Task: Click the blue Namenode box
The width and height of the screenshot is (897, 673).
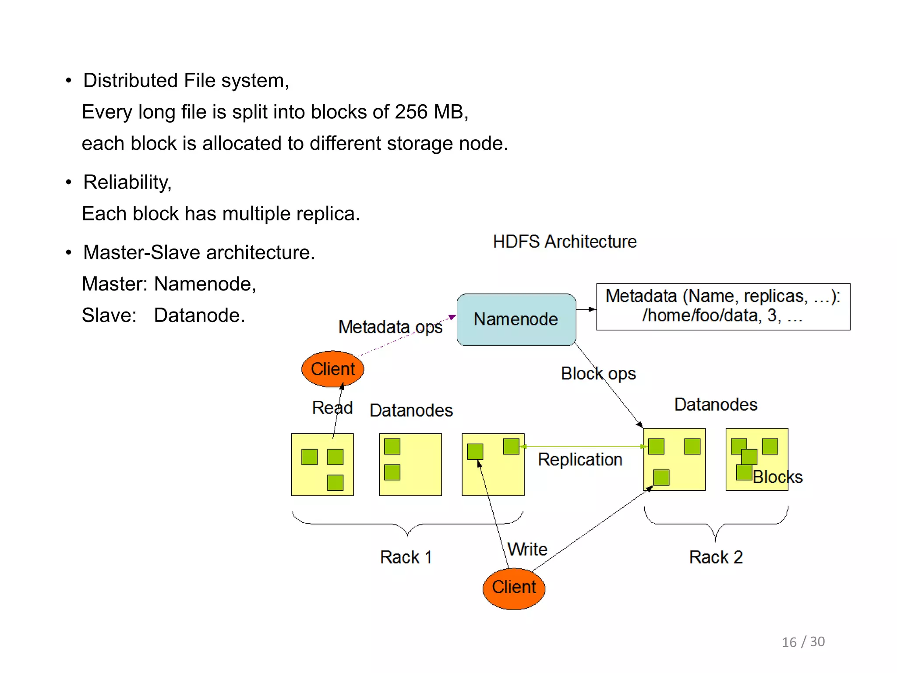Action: point(516,319)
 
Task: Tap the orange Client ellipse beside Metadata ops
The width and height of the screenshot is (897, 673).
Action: point(332,369)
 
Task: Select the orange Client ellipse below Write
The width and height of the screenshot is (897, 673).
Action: point(514,588)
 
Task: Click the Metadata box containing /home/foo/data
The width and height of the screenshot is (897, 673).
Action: point(723,306)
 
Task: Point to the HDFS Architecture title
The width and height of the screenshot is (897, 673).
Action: point(565,241)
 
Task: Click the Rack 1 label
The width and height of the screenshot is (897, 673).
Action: point(406,557)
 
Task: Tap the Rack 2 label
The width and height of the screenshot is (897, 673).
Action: point(716,557)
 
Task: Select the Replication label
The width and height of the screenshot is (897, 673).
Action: point(580,460)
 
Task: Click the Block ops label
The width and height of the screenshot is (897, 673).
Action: point(598,374)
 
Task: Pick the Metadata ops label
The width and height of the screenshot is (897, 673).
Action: point(390,327)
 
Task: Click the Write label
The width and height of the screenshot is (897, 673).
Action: point(527,549)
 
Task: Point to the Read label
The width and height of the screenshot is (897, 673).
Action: point(332,408)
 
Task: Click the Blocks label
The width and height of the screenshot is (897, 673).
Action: point(777,477)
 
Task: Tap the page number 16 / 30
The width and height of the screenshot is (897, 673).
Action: point(803,642)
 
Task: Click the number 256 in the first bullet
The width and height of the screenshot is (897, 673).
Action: point(410,112)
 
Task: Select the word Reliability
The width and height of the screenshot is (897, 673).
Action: point(127,182)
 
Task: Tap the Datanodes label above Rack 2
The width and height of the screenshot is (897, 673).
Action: point(716,404)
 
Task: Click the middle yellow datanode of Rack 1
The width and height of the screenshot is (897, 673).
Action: point(410,464)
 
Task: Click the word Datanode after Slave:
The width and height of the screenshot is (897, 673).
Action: point(199,315)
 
